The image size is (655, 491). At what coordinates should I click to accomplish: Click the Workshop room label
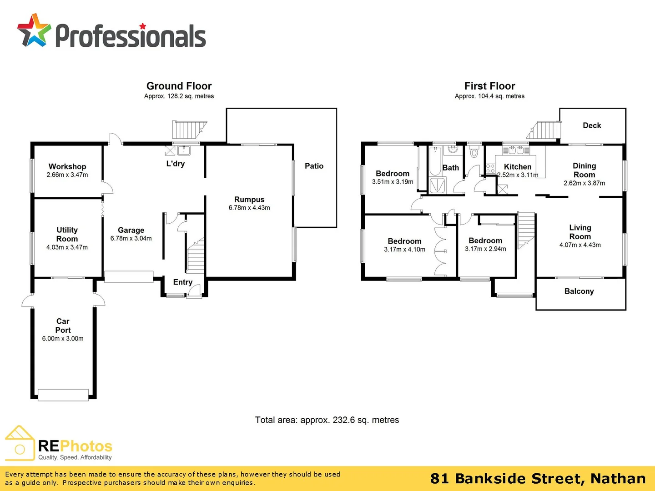pos(67,166)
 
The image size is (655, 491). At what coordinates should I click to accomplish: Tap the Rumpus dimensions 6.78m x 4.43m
pos(249,208)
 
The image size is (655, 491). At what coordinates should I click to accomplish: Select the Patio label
pos(314,166)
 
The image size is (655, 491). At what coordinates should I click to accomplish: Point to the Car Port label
pos(63,326)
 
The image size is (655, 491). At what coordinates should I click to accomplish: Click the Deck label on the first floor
pos(592,125)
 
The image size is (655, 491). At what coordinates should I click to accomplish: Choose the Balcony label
pos(579,291)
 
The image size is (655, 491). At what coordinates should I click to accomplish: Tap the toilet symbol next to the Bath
pos(474,152)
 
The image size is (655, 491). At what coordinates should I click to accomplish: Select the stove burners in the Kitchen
pos(490,169)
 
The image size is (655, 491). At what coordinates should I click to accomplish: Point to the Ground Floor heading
pos(179,86)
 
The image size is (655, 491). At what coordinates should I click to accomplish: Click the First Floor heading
pos(489,86)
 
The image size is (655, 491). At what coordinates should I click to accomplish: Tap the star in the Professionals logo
pos(34,30)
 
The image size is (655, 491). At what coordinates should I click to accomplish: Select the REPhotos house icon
pos(20,443)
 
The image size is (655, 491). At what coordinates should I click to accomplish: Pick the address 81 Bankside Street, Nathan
pos(538,479)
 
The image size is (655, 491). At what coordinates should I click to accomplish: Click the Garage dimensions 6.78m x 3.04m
pos(131,239)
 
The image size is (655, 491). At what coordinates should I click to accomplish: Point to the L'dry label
pos(176,163)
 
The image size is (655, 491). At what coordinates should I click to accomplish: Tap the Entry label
pos(182,282)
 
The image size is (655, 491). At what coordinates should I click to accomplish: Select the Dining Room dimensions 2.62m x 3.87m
pos(584,183)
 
